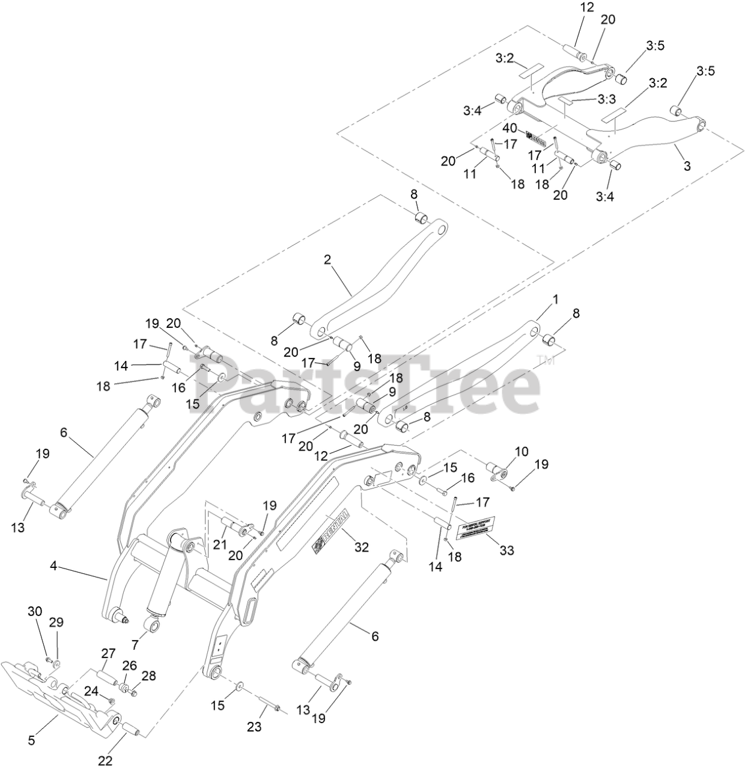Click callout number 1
[556, 299]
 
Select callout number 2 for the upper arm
[327, 260]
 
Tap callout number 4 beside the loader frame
[53, 566]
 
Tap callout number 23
[254, 727]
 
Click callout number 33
[507, 550]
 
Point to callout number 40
[509, 128]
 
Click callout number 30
[35, 611]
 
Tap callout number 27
[108, 654]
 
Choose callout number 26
[130, 665]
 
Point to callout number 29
[56, 622]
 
